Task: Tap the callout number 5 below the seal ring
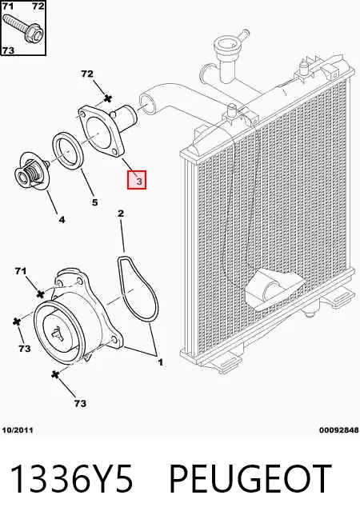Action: coord(94,202)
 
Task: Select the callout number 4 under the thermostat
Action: coord(62,219)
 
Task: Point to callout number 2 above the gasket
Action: coord(121,214)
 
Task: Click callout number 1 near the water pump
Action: coord(161,362)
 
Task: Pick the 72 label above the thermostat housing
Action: coord(87,74)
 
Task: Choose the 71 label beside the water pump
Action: coord(21,271)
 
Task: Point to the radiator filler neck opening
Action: coord(225,42)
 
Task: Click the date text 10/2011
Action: coord(18,430)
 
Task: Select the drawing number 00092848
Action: coord(339,430)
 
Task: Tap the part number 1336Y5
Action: coord(73,479)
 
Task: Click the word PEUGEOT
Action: coord(250,479)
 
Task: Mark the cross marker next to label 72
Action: coord(108,98)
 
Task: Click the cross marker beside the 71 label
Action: coord(40,293)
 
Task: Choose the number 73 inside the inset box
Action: coord(8,50)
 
